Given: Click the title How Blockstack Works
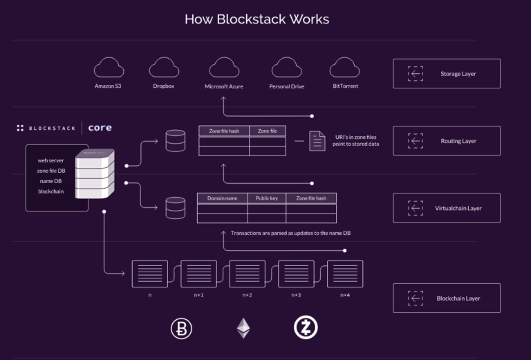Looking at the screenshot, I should [257, 19].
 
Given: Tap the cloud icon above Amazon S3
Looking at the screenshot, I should [108, 68].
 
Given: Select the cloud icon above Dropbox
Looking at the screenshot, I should [163, 68].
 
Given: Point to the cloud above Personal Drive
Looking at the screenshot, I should [287, 68].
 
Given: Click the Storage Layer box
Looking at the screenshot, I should [446, 73].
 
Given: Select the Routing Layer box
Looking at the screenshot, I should [446, 140].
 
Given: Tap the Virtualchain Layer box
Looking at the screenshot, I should [446, 208].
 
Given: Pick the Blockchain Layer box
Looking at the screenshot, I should [446, 298].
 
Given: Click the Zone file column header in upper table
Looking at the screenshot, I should [267, 131].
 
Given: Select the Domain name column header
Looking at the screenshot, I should [222, 198].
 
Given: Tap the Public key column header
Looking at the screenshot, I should [266, 198].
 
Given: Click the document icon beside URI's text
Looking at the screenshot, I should [317, 140].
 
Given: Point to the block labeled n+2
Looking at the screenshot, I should [247, 274].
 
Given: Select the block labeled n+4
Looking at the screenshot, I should [345, 274].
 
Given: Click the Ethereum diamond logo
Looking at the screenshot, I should [243, 328].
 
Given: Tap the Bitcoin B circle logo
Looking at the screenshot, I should [182, 328].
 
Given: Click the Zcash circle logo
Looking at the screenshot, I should [305, 328].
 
